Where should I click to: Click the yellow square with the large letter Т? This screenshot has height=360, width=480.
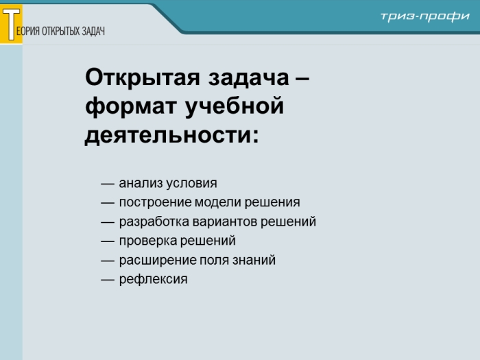pyautogui.click(x=11, y=24)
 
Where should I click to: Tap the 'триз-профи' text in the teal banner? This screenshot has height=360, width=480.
pyautogui.click(x=424, y=16)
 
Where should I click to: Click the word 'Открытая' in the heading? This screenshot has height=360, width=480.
pyautogui.click(x=143, y=77)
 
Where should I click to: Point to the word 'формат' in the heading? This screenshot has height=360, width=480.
pyautogui.click(x=131, y=106)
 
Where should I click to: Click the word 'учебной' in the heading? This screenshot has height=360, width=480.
pyautogui.click(x=235, y=105)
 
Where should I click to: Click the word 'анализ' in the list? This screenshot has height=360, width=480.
pyautogui.click(x=141, y=183)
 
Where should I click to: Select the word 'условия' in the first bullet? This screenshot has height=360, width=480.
pyautogui.click(x=191, y=184)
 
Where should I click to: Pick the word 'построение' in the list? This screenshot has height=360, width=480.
pyautogui.click(x=155, y=203)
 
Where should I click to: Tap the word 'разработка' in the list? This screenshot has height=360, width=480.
pyautogui.click(x=154, y=222)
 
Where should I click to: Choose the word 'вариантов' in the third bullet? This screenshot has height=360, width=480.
pyautogui.click(x=225, y=222)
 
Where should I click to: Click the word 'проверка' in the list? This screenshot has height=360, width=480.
pyautogui.click(x=147, y=241)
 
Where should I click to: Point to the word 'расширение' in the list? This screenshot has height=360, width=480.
pyautogui.click(x=157, y=261)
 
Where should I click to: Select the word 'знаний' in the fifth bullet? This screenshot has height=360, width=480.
pyautogui.click(x=254, y=260)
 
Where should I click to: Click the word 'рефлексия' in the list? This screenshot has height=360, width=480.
pyautogui.click(x=153, y=280)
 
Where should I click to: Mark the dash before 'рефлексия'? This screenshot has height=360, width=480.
pyautogui.click(x=108, y=280)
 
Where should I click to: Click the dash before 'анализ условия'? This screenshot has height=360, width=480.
pyautogui.click(x=108, y=184)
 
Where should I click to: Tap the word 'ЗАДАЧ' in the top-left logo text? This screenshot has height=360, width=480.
pyautogui.click(x=93, y=31)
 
